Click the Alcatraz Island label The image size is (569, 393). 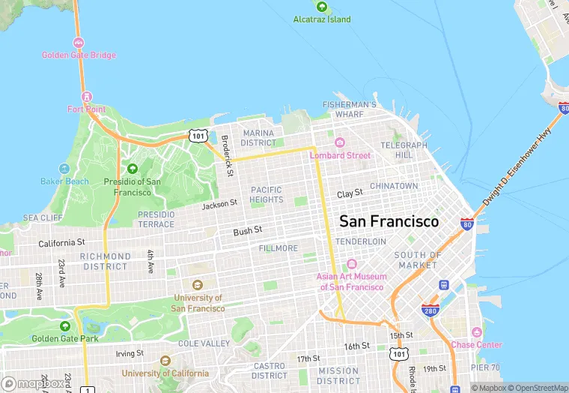tap(321, 19)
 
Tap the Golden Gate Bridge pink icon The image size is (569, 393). tap(79, 43)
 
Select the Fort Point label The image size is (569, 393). tap(86, 109)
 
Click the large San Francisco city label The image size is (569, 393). tap(389, 222)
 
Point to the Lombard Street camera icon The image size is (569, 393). tap(339, 142)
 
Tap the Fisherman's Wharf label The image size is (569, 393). tap(349, 109)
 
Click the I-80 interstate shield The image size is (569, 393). tap(466, 224)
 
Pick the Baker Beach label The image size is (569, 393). tap(64, 181)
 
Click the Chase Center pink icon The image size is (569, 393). tap(476, 332)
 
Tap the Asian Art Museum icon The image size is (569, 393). tap(350, 264)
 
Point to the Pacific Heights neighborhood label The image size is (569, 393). tap(267, 194)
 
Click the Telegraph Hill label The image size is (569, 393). tap(404, 149)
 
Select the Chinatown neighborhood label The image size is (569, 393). tap(394, 185)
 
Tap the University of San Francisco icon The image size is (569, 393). tap(198, 285)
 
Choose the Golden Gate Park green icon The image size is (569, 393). tap(64, 326)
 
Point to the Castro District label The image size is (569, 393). tap(270, 370)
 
